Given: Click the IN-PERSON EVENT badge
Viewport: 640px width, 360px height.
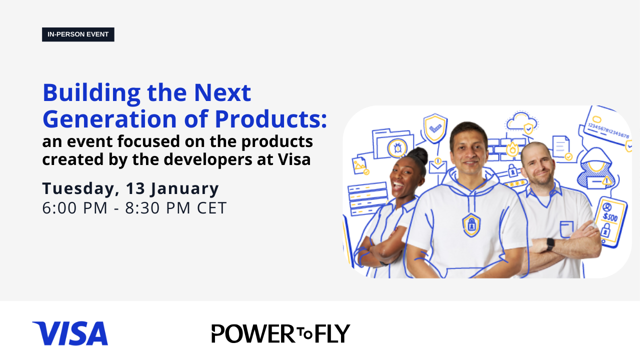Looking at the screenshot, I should pyautogui.click(x=78, y=34).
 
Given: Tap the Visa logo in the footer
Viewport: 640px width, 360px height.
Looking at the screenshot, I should pyautogui.click(x=70, y=333).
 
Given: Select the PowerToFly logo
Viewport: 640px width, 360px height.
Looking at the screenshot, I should pyautogui.click(x=280, y=333).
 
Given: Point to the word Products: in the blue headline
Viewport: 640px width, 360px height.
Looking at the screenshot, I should pyautogui.click(x=271, y=119).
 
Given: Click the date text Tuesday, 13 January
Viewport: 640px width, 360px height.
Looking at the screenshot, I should pyautogui.click(x=130, y=188).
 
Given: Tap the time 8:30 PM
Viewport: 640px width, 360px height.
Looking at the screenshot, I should pyautogui.click(x=158, y=207).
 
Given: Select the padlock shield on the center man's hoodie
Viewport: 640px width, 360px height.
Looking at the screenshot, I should pyautogui.click(x=471, y=224).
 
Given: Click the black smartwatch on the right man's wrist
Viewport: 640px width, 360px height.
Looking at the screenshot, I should pyautogui.click(x=550, y=244).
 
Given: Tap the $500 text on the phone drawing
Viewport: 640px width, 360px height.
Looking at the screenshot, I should pyautogui.click(x=609, y=217).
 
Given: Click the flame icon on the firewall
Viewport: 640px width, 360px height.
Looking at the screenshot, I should pyautogui.click(x=512, y=149).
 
